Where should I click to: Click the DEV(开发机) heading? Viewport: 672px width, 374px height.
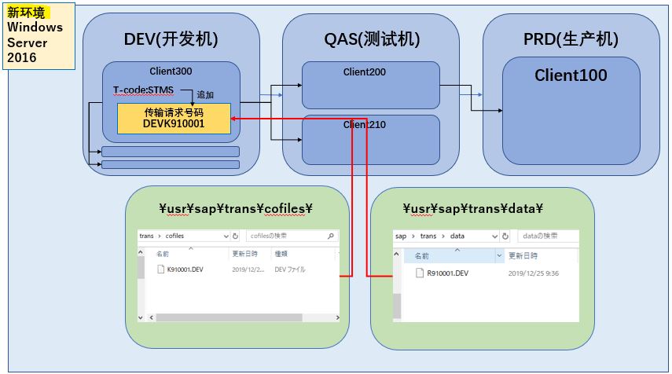click(171, 39)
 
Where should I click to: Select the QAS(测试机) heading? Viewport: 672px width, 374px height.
click(372, 39)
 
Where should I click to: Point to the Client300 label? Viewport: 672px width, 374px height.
click(171, 71)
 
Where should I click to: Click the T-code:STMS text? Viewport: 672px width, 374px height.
click(143, 90)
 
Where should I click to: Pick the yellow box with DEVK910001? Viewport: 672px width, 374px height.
click(174, 118)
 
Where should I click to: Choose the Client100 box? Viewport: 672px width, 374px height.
click(571, 110)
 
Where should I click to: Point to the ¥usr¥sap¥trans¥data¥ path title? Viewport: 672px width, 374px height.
click(474, 208)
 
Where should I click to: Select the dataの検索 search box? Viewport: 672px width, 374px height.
click(548, 236)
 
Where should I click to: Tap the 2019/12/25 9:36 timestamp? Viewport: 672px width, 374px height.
click(534, 273)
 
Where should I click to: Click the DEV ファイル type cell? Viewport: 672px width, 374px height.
click(290, 269)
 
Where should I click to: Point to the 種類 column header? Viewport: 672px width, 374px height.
click(281, 254)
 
